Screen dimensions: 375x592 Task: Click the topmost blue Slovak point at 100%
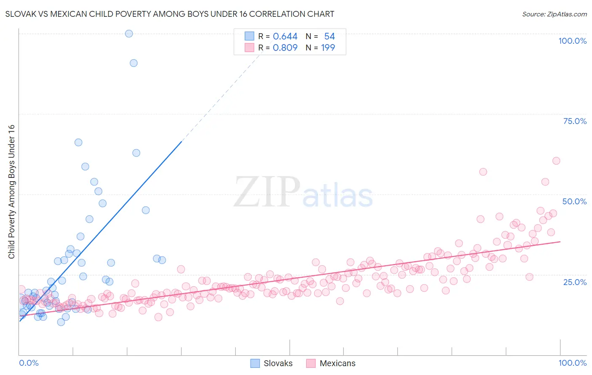coord(129,34)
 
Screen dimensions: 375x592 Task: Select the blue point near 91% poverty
coord(133,63)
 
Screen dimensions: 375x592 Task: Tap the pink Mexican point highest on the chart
coord(556,161)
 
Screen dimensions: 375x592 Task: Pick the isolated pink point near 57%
coord(483,172)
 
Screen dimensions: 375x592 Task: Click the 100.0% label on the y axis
coord(572,41)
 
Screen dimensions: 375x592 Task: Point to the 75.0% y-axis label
coord(575,121)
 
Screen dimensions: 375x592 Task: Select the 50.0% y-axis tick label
coord(574,201)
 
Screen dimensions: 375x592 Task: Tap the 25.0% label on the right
coord(575,282)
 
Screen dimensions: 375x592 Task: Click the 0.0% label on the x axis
coord(29,363)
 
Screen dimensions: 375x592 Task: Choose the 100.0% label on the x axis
coord(572,363)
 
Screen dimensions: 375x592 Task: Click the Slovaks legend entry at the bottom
coord(272,363)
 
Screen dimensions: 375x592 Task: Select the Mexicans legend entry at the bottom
coord(331,363)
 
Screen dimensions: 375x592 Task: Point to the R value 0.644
coord(285,37)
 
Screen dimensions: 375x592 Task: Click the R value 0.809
coord(285,48)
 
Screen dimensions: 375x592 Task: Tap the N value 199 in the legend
coord(328,48)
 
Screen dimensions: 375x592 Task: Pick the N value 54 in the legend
coord(329,37)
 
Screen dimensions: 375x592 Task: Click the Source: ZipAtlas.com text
coord(554,14)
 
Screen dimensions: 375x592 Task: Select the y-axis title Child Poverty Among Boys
coord(11,192)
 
